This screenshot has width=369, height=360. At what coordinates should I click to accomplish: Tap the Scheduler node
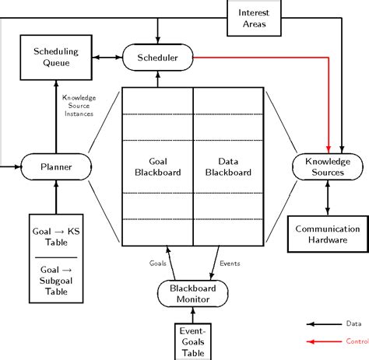coord(158,58)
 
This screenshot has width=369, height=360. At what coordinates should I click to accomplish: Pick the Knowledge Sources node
coord(328,165)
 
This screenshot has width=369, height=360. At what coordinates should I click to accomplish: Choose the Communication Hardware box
coord(328,234)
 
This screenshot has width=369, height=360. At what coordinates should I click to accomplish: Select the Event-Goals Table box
coord(192,340)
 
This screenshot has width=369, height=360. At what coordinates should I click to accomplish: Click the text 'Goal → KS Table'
coord(55,236)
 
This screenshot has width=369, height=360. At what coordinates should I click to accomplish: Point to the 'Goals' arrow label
coord(158,263)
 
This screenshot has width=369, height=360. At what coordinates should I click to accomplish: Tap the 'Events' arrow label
coord(231,263)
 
